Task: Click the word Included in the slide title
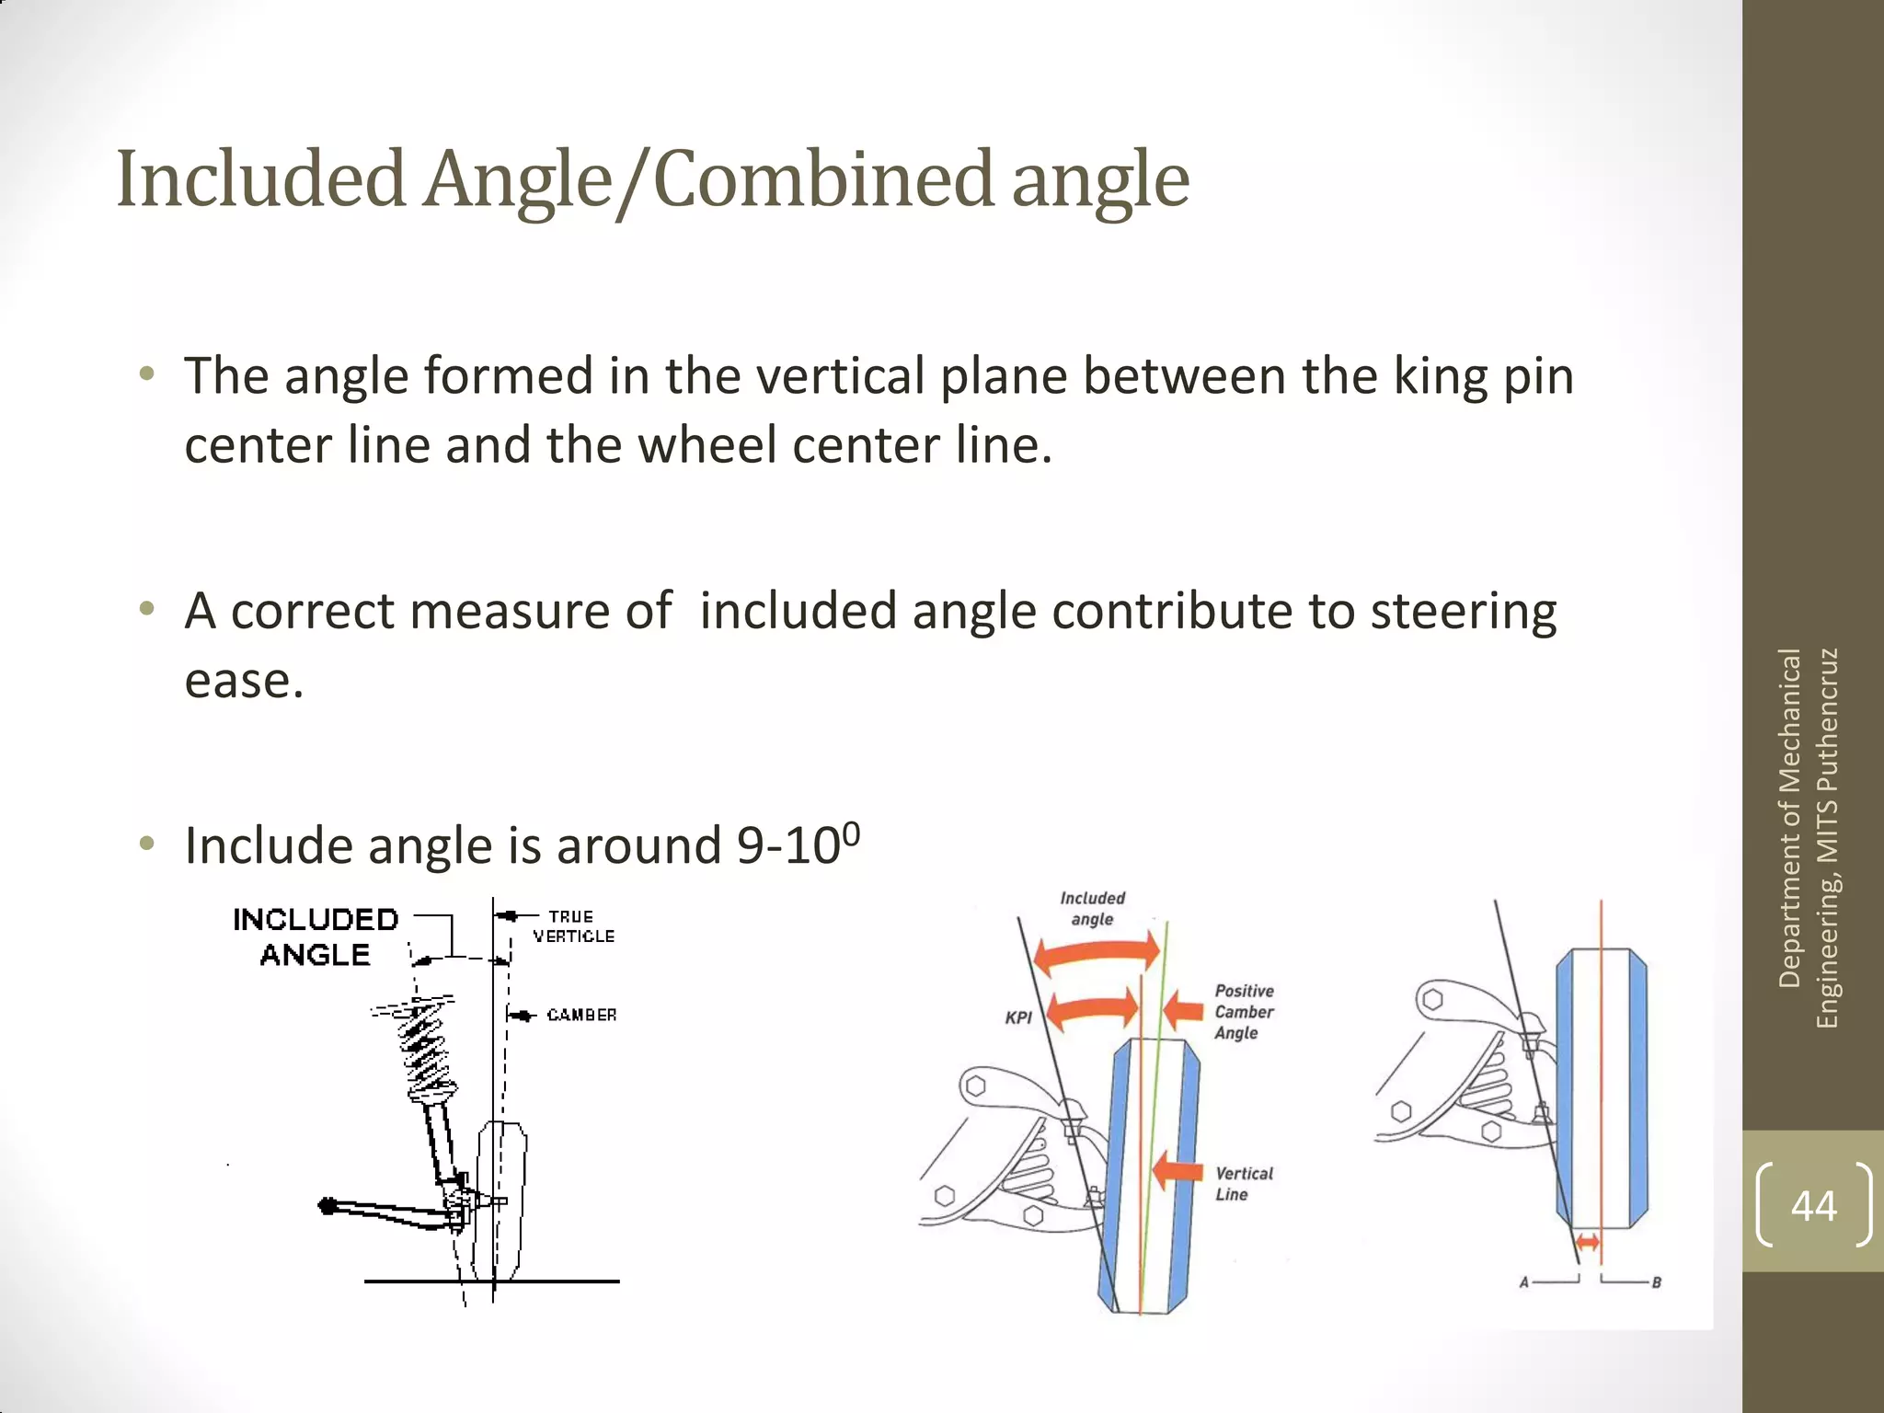click(261, 179)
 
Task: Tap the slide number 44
click(1813, 1205)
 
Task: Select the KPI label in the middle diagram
click(1018, 1017)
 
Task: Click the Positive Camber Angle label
click(1244, 1012)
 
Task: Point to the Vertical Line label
click(1244, 1184)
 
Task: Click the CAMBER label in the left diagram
click(581, 1015)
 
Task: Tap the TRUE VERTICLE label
click(572, 926)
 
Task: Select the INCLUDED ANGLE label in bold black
click(316, 936)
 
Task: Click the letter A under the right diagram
click(1524, 1281)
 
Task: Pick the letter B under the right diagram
click(1656, 1282)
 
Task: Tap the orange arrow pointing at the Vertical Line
click(1177, 1171)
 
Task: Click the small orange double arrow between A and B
click(1588, 1243)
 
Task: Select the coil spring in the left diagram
click(426, 1050)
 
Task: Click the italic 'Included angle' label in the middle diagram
click(1092, 908)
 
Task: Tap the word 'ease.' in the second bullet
click(244, 681)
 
